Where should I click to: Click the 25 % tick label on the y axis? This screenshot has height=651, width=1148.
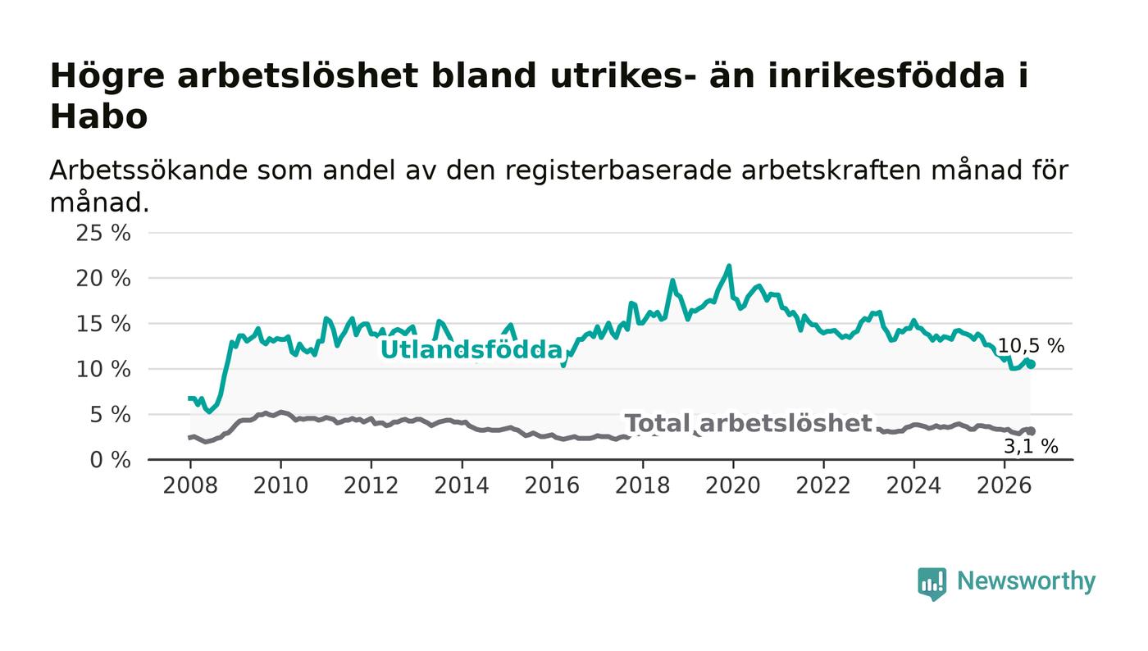point(103,233)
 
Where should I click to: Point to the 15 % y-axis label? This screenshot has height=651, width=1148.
point(103,324)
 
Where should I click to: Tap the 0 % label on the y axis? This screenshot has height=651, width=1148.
point(110,460)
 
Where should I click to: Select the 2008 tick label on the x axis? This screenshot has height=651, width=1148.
point(190,485)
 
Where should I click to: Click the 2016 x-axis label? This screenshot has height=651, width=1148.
point(552,485)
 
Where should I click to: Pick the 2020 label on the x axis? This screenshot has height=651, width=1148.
point(733,485)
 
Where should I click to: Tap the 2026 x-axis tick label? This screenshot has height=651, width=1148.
point(1004,485)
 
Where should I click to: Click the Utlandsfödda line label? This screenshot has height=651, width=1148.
point(471,350)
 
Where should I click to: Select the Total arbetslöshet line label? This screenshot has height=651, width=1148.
point(748,423)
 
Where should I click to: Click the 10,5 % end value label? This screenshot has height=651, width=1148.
point(1032,346)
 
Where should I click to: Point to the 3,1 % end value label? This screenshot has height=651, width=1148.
point(1031,447)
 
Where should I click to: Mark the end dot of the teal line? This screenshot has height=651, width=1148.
point(1032,365)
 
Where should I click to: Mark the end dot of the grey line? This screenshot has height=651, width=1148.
point(1032,431)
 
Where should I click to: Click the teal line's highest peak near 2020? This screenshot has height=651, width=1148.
point(729,266)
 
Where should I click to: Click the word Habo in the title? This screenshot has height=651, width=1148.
point(99,116)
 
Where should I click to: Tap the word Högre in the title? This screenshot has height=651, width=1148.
point(107,77)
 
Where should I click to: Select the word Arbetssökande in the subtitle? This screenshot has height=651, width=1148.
point(148,171)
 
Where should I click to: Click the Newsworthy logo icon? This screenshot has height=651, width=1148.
point(932,584)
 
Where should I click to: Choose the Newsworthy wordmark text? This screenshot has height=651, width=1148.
point(1026,581)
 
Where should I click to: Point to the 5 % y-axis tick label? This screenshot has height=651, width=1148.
point(110,415)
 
